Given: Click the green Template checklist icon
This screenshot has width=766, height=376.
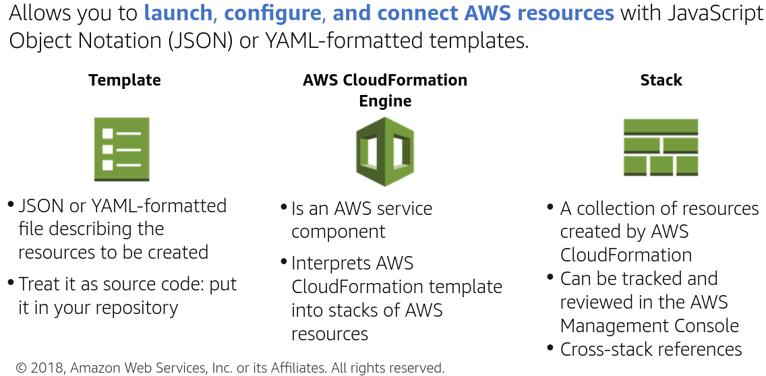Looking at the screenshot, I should [121, 150].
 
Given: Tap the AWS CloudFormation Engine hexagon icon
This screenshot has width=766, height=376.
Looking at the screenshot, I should [384, 152].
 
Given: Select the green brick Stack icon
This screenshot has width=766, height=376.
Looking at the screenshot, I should [660, 148].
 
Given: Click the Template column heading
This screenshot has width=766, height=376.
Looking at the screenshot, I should [125, 80].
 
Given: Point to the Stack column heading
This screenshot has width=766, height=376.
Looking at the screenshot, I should [661, 80].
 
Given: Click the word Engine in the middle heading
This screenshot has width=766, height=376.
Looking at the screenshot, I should [385, 101].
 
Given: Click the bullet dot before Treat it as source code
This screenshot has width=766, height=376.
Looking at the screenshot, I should [11, 282].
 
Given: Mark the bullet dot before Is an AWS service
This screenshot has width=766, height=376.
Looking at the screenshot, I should [284, 206].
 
